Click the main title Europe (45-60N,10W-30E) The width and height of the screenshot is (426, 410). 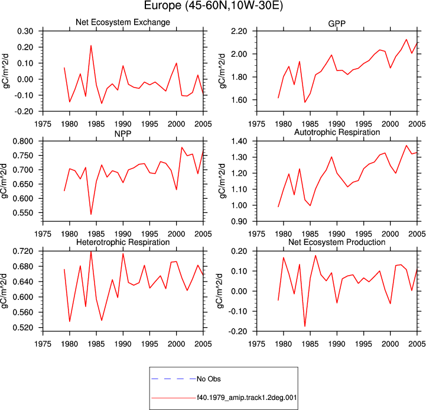click(x=213, y=6)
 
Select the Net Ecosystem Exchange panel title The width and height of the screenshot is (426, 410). click(x=123, y=22)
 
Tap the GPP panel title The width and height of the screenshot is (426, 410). click(x=337, y=24)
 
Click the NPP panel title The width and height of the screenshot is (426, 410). click(x=123, y=134)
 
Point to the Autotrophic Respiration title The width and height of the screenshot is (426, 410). click(x=337, y=132)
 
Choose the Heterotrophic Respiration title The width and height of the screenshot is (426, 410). click(x=123, y=242)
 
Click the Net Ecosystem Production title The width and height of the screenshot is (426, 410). click(x=337, y=242)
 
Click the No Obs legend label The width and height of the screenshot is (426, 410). click(x=209, y=379)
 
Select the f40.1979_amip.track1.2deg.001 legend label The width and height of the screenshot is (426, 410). click(x=247, y=398)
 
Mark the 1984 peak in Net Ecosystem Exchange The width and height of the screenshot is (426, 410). click(x=91, y=46)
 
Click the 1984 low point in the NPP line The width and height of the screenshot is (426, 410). click(x=91, y=214)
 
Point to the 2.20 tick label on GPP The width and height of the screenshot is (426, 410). click(x=239, y=31)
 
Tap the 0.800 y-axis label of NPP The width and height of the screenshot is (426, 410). click(x=23, y=141)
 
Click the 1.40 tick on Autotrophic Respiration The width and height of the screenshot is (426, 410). click(x=239, y=141)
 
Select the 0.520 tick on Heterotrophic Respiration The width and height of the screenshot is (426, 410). click(x=23, y=328)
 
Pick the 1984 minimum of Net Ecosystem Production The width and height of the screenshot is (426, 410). click(x=305, y=326)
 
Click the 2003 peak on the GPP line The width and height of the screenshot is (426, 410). click(x=407, y=40)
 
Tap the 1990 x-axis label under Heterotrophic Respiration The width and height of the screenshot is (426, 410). click(x=123, y=344)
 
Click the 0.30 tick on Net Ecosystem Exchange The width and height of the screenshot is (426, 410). click(x=25, y=31)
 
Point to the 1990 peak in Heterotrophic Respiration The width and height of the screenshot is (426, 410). click(x=123, y=254)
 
